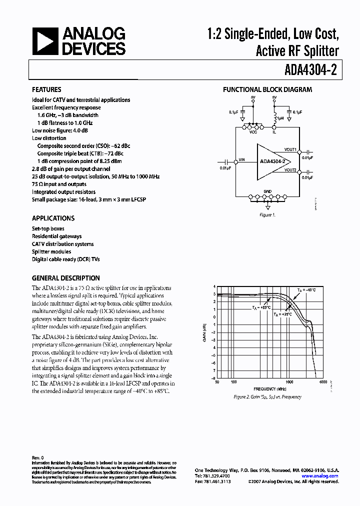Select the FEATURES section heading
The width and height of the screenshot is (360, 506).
(x=46, y=90)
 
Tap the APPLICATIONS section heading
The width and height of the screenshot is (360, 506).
(x=53, y=218)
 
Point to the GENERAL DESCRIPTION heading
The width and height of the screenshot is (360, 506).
(x=65, y=278)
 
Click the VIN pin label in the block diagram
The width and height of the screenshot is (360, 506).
(x=242, y=159)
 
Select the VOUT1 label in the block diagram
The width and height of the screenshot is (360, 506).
(x=290, y=149)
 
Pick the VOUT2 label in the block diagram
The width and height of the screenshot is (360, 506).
(x=290, y=170)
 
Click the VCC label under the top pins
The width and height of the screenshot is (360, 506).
(x=253, y=132)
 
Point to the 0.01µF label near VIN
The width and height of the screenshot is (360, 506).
(x=226, y=168)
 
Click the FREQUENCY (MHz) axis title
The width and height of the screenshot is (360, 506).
(x=270, y=388)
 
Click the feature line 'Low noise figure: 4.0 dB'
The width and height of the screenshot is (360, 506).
(x=59, y=130)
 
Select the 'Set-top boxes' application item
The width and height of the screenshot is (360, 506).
(x=48, y=228)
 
